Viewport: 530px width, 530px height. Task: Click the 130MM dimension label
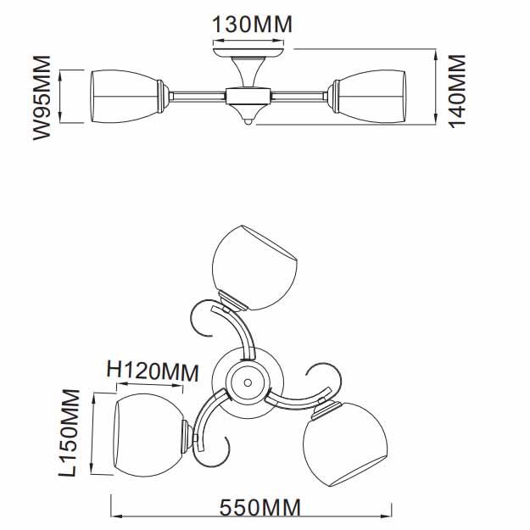(x=252, y=25)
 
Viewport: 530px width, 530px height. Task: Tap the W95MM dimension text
(x=42, y=98)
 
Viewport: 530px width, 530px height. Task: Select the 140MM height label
(x=457, y=92)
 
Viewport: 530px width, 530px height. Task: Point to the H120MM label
(x=153, y=371)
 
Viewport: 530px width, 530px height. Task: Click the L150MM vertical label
(x=70, y=433)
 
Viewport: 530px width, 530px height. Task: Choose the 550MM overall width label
(x=260, y=508)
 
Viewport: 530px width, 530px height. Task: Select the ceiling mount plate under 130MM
(x=248, y=53)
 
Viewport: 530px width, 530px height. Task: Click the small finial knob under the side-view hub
(x=248, y=122)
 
